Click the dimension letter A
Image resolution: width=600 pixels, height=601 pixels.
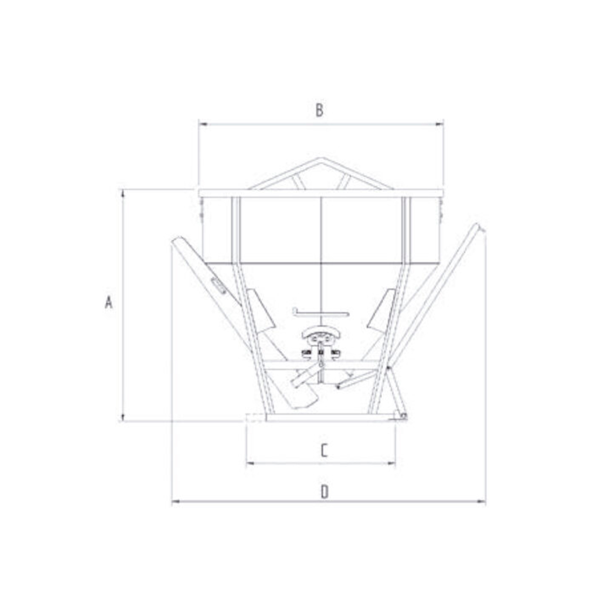108,302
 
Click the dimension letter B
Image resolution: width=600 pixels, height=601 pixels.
319,110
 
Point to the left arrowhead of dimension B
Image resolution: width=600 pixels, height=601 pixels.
203,124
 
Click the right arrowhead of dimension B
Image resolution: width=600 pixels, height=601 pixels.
439,124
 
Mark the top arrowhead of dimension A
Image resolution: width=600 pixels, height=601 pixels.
123,194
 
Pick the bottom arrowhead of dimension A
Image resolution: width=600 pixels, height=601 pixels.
123,417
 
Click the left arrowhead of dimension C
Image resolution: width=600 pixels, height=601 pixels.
250,464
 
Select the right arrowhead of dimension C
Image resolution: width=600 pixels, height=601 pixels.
391,464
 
